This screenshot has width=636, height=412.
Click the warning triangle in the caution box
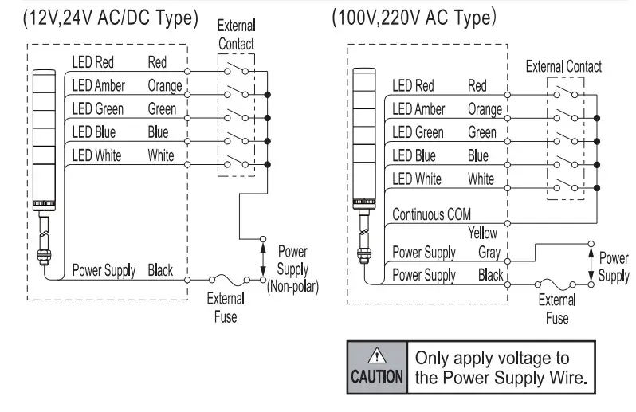click(377, 355)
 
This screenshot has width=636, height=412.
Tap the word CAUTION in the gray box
click(377, 377)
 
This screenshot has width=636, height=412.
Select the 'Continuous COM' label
click(432, 214)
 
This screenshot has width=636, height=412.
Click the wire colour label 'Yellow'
click(482, 233)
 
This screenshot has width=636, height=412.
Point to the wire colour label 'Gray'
click(489, 253)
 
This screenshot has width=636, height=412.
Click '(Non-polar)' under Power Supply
click(292, 287)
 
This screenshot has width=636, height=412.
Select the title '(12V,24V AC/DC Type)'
click(111, 18)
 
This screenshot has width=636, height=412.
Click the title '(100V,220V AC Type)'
click(414, 18)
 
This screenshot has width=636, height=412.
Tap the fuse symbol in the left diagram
click(230, 280)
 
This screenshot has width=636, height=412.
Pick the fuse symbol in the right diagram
click(556, 284)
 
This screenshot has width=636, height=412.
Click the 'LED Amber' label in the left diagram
click(99, 85)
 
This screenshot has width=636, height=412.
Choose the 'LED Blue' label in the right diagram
click(414, 155)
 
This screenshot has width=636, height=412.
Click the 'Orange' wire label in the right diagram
click(485, 109)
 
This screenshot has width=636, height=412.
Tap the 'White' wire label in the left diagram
click(161, 155)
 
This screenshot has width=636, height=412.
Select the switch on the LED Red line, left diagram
click(237, 69)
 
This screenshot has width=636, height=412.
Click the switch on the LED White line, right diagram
click(566, 185)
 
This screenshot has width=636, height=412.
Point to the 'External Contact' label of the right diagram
click(563, 66)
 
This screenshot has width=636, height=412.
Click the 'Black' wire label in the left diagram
click(160, 270)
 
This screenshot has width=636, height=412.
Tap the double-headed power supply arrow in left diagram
click(263, 259)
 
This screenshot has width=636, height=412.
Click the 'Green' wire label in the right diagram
click(482, 132)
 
